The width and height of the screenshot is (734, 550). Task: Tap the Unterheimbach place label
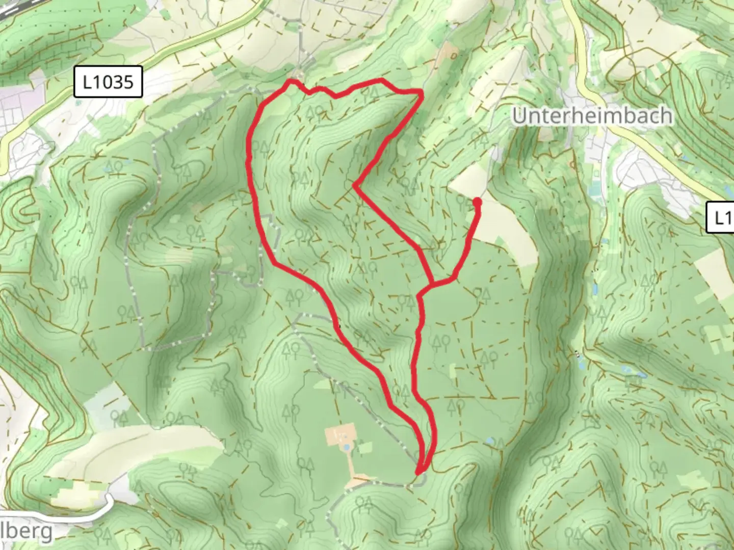point(592,116)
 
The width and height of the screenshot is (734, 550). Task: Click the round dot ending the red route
point(478,203)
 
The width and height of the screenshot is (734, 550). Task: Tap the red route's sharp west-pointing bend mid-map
point(355,185)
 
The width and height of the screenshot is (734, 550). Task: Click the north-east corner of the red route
point(422,92)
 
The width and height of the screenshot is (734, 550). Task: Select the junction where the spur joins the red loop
point(432,283)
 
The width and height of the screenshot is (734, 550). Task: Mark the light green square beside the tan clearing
point(365,448)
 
